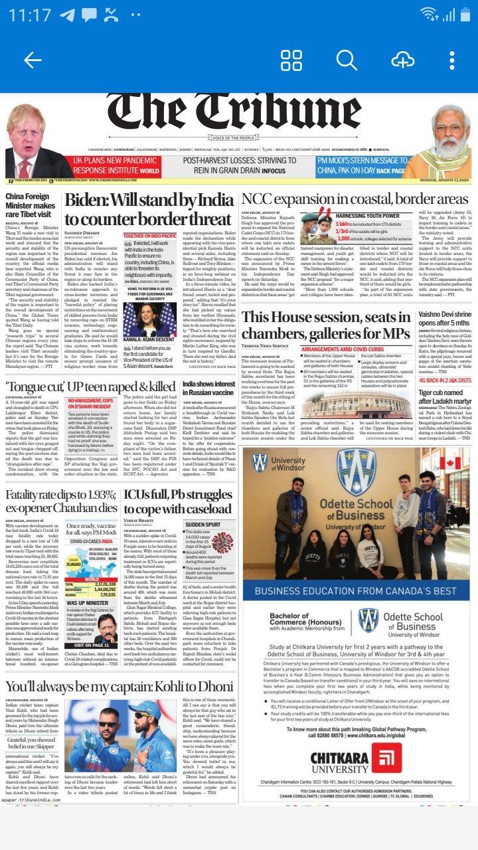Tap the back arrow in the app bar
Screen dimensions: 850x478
(32, 60)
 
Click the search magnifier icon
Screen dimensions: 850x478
(347, 60)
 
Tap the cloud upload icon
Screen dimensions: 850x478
(402, 60)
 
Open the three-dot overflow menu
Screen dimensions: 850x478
(451, 60)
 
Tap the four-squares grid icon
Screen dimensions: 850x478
(291, 60)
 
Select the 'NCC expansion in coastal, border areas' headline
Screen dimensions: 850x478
(355, 199)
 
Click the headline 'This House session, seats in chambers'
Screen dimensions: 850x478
(335, 324)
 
